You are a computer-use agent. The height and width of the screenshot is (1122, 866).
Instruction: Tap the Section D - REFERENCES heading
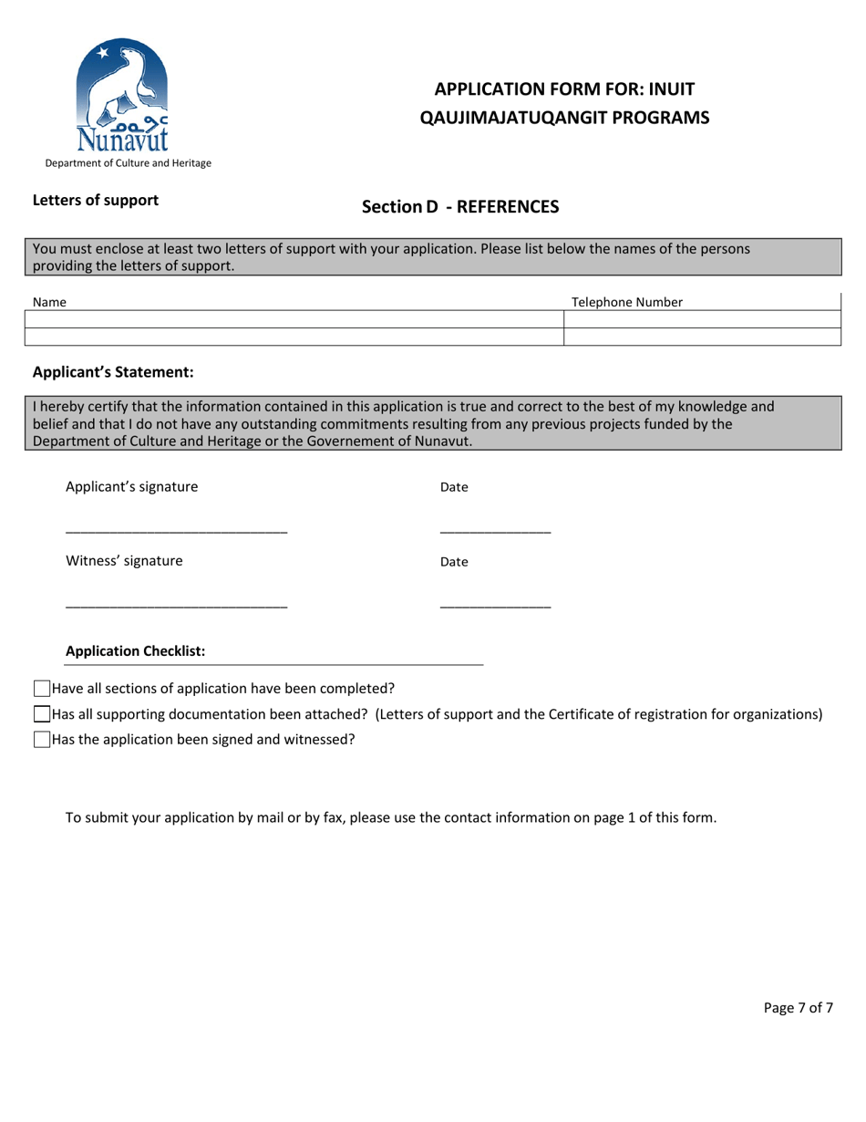460,207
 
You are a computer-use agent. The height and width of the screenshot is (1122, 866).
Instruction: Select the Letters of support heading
96,200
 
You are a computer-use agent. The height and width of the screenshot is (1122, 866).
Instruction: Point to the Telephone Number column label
627,302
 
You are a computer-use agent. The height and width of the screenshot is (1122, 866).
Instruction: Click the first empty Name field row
297,319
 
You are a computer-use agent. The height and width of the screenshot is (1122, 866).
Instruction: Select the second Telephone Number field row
701,337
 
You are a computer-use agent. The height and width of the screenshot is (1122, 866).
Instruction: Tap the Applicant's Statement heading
113,372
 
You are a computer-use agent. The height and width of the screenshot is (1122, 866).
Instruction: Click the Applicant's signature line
177,532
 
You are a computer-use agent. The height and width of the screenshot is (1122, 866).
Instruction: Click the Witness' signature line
177,607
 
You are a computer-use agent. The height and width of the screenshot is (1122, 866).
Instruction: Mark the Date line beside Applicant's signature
495,532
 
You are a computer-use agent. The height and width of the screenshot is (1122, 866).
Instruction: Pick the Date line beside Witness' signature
495,607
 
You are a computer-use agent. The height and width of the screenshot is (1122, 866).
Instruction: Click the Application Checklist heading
136,651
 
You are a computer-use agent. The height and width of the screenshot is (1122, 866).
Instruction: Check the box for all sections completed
42,689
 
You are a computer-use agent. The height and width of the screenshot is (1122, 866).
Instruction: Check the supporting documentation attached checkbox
42,714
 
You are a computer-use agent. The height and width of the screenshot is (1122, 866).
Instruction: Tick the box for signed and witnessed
42,740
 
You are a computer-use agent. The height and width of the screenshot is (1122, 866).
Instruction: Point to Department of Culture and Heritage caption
123,163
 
